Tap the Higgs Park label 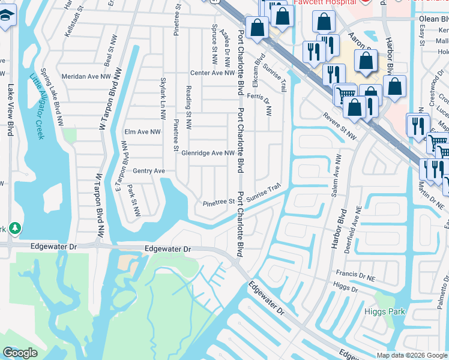(384, 311)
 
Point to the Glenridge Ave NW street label (208, 153)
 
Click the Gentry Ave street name (149, 171)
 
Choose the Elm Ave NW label (142, 131)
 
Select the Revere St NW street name (339, 127)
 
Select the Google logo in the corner (20, 353)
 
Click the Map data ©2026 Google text (411, 355)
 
